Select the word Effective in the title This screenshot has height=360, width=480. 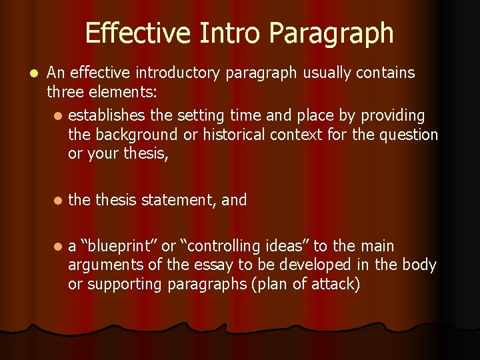click(127, 33)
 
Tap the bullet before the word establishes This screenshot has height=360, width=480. click(58, 116)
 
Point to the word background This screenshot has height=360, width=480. click(137, 135)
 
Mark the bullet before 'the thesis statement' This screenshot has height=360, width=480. click(58, 200)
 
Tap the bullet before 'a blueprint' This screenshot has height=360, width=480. click(58, 247)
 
